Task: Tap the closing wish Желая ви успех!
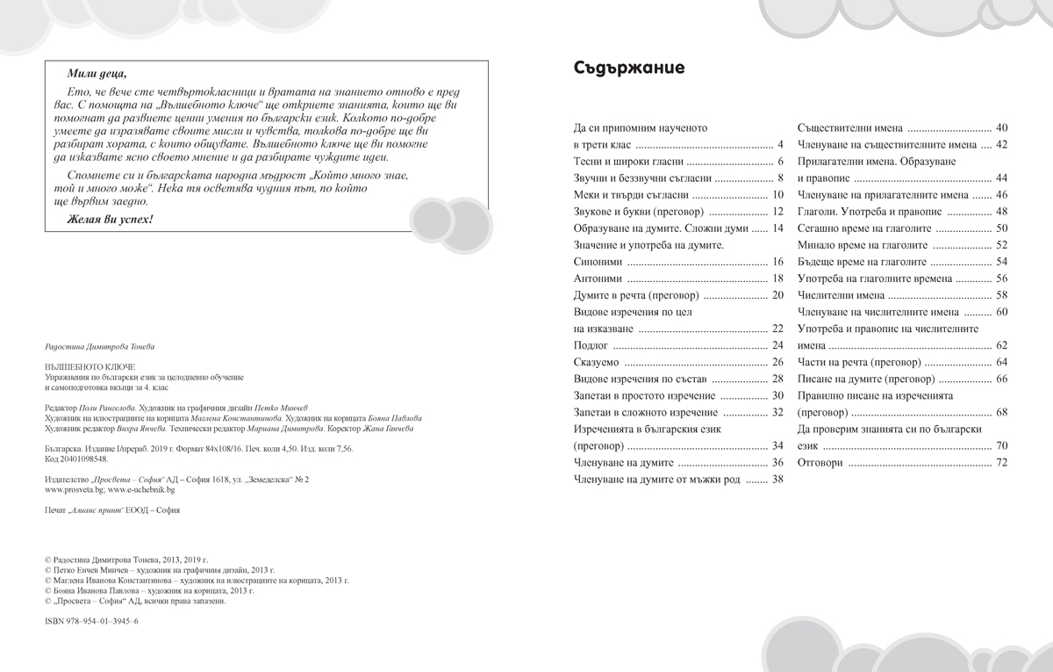click(x=110, y=218)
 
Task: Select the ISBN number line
click(x=90, y=620)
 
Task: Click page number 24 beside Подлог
click(x=777, y=345)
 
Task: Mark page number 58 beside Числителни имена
click(x=1001, y=295)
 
